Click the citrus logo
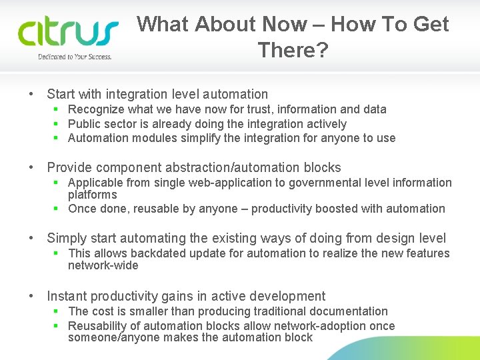click(67, 33)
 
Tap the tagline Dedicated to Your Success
click(75, 57)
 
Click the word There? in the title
click(293, 50)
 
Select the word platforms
click(92, 195)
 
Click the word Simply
click(67, 239)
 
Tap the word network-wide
click(103, 265)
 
